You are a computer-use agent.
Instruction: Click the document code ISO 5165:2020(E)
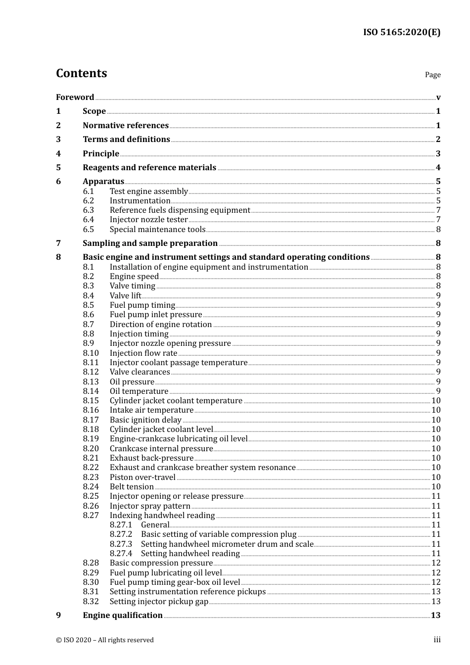[x=401, y=33]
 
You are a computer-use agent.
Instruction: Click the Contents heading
[x=81, y=73]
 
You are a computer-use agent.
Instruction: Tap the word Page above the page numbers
[x=432, y=75]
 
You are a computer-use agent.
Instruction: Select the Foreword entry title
[x=75, y=97]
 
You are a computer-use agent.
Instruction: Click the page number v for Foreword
[x=438, y=97]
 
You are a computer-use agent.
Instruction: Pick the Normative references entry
[x=126, y=126]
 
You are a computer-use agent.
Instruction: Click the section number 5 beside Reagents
[x=58, y=168]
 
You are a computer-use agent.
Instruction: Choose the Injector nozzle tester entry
[x=148, y=220]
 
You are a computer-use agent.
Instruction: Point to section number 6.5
[x=88, y=230]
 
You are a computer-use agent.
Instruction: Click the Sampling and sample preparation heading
[x=150, y=243]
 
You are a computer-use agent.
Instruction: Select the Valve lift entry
[x=125, y=296]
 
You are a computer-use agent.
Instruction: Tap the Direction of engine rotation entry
[x=160, y=325]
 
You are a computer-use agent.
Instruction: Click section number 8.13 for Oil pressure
[x=91, y=382]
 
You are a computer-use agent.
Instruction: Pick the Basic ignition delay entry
[x=145, y=420]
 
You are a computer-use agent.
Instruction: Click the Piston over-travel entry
[x=142, y=477]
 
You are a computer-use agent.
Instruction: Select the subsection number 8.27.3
[x=121, y=544]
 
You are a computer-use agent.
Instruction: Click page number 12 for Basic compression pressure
[x=435, y=563]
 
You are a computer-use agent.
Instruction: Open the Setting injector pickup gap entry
[x=159, y=602]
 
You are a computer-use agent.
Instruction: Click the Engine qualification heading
[x=123, y=616]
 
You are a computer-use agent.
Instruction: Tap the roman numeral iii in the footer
[x=437, y=640]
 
